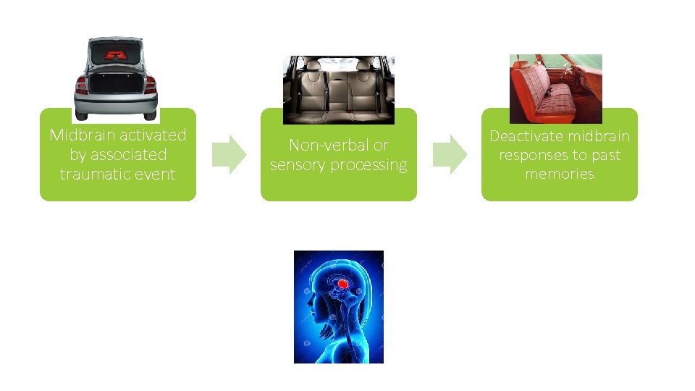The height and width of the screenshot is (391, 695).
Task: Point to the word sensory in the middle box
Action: click(298, 165)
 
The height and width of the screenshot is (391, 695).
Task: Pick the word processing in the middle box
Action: click(369, 165)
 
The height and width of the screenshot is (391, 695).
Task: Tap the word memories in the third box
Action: click(560, 174)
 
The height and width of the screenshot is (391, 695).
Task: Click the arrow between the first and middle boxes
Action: click(229, 154)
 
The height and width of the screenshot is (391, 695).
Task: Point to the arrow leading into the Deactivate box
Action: click(450, 154)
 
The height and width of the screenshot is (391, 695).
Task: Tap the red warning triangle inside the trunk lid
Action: click(116, 54)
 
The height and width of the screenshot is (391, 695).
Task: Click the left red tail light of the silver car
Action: click(81, 85)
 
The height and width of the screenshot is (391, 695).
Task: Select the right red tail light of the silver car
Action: click(151, 85)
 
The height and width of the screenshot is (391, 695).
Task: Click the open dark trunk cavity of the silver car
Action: click(116, 83)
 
